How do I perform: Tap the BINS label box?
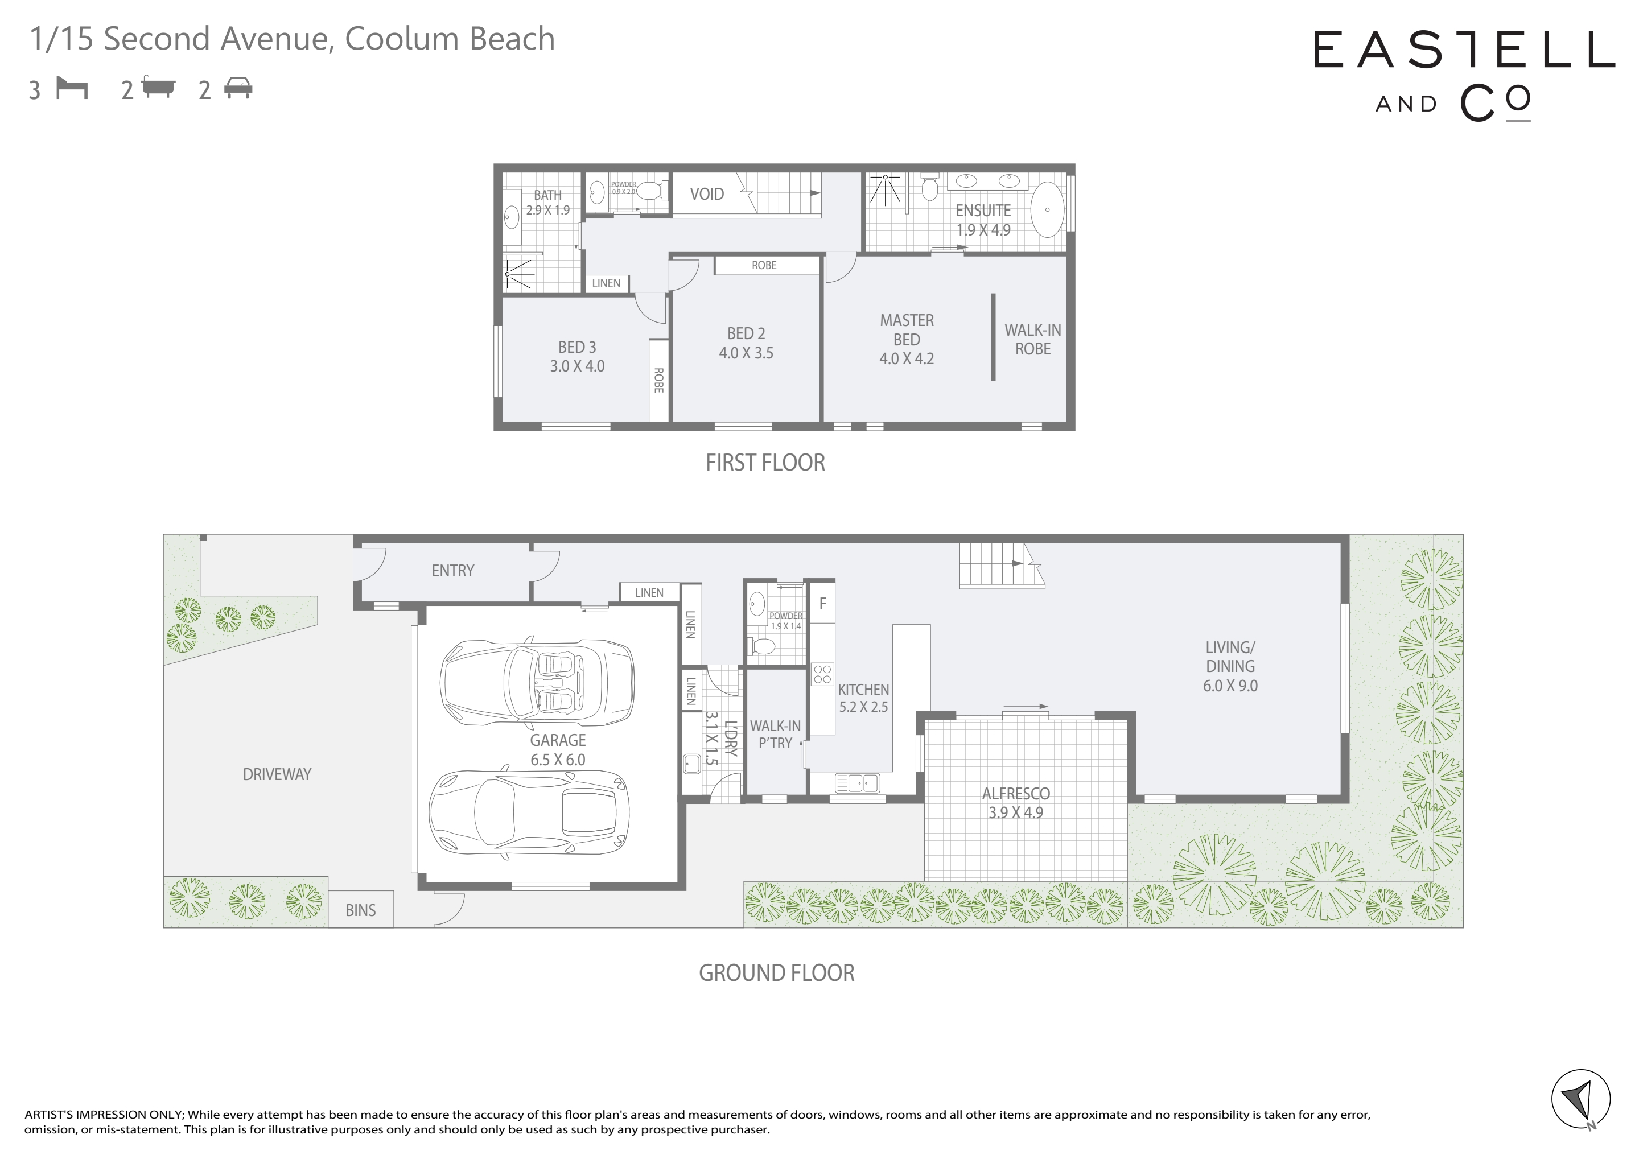click(360, 909)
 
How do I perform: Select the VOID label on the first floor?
click(707, 194)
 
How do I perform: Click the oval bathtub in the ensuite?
click(1047, 210)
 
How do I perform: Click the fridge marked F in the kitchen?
click(822, 604)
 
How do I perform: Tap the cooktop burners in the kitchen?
click(822, 674)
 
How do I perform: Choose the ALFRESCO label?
click(1016, 794)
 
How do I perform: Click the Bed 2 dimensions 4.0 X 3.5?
click(746, 353)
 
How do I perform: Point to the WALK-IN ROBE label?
click(1033, 340)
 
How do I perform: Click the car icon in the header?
click(238, 89)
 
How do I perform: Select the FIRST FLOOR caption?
click(765, 463)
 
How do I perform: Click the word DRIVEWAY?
click(277, 774)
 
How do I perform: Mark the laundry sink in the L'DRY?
click(691, 764)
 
